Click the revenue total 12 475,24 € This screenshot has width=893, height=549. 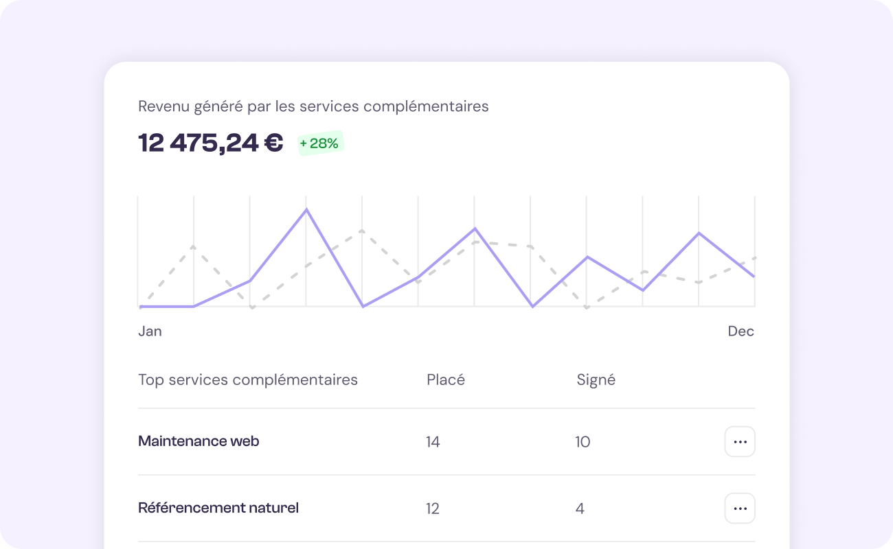pos(210,143)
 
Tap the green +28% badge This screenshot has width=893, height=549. pos(319,143)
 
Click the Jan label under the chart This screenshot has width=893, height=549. pos(150,331)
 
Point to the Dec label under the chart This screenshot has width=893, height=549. pos(741,331)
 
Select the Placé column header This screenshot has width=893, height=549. pos(446,379)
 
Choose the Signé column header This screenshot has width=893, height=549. pos(596,379)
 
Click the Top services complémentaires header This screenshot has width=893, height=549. pos(248,379)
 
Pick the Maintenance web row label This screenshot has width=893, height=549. pos(199,441)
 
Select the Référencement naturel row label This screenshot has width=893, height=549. pos(218,509)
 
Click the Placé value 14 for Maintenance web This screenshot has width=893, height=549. pos(433,442)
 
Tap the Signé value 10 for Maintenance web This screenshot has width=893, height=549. pos(583,442)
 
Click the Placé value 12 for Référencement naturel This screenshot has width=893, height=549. pos(433,509)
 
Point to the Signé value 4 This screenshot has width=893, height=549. pos(580,509)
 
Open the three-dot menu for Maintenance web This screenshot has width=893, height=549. pos(740,442)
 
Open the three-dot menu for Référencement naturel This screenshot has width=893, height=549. pos(740,509)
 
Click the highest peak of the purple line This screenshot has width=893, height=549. pos(306,209)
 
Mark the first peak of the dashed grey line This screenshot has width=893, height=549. pos(194,246)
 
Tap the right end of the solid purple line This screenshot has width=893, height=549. pos(754,277)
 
